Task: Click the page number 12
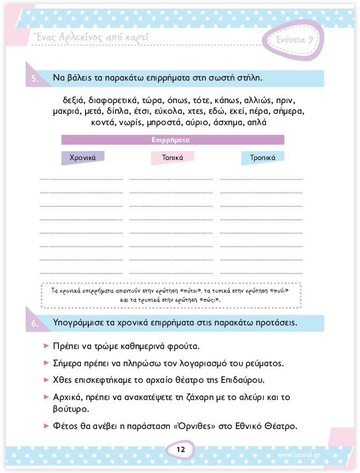(x=180, y=449)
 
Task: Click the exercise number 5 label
(x=34, y=78)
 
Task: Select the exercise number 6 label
(x=34, y=324)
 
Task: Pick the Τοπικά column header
(x=172, y=158)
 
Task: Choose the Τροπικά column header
(x=262, y=158)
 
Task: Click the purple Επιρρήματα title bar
(x=172, y=140)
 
